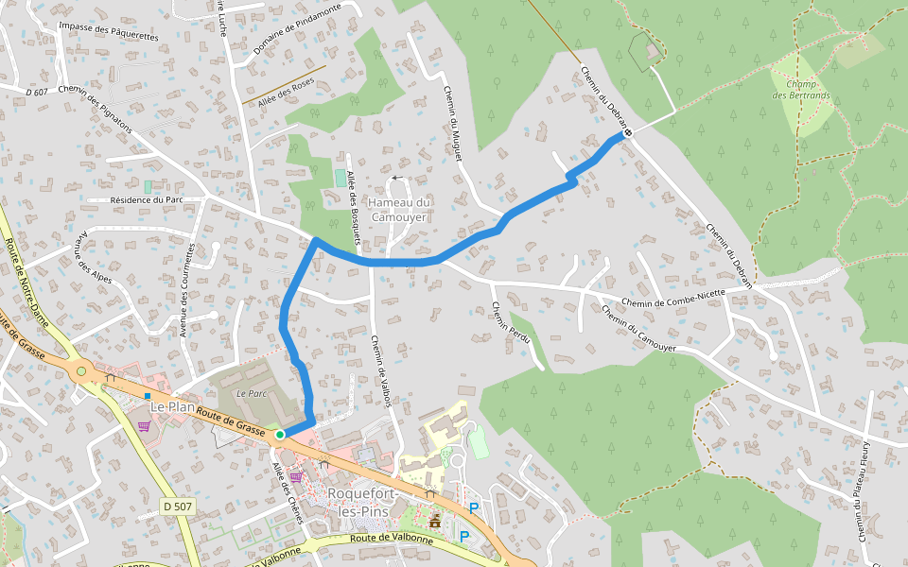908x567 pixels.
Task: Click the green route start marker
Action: click(280, 434)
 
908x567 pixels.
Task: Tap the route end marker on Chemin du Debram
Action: click(627, 133)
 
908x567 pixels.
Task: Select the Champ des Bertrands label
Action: click(800, 89)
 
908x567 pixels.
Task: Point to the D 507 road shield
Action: click(177, 507)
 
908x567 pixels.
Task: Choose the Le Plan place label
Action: click(171, 406)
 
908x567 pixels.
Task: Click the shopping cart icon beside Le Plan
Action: click(144, 426)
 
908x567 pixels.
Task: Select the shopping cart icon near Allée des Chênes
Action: click(296, 476)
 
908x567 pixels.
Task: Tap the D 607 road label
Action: click(38, 92)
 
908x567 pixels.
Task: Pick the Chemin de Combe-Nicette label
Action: click(673, 299)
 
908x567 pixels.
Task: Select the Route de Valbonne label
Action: click(391, 540)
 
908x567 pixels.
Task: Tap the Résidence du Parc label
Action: click(147, 200)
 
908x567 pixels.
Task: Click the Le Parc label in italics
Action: click(251, 392)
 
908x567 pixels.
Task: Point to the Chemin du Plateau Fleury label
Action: click(864, 490)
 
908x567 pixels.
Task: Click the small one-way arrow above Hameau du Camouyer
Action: click(397, 177)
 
